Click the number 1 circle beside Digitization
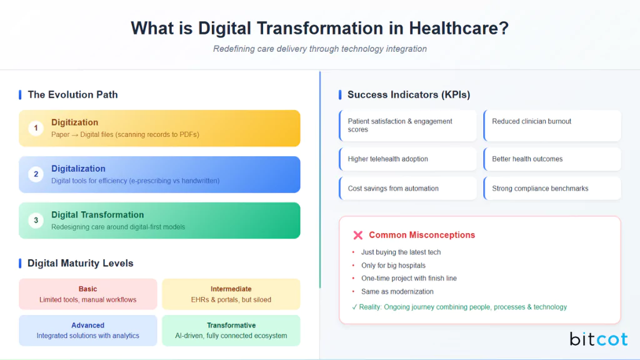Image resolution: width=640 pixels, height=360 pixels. point(36,128)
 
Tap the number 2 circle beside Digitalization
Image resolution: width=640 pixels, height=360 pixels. point(36,174)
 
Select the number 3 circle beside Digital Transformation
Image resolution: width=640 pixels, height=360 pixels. point(36,221)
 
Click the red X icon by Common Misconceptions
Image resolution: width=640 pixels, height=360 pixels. point(358,235)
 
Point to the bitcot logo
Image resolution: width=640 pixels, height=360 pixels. point(598,339)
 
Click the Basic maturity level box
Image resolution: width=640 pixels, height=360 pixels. point(87,294)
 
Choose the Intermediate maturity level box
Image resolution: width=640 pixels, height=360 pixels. point(231,294)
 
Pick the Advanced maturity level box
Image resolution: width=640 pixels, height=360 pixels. point(87,330)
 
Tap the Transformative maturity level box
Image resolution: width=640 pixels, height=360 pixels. point(231,330)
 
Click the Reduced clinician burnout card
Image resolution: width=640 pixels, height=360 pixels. point(552,126)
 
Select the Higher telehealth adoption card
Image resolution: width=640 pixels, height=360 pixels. point(407,159)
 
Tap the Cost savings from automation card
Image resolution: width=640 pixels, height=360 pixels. point(407,188)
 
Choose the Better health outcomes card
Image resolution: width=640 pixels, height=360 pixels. point(552,159)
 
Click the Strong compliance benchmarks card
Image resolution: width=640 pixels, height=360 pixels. point(552,188)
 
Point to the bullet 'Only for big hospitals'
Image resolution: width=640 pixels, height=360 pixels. point(393,266)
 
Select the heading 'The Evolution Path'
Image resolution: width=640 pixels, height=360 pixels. point(72,94)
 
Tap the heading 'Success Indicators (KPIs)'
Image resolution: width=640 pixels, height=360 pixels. point(409,94)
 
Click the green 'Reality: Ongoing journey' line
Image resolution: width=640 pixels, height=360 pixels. point(460,307)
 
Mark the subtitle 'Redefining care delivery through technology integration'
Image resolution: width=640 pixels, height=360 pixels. point(320,49)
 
